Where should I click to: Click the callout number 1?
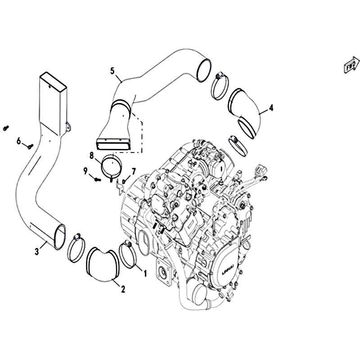tap(145, 274)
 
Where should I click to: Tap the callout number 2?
tap(123, 289)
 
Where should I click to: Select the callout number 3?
tap(37, 252)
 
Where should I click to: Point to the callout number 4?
tap(271, 108)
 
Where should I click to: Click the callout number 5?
tap(112, 71)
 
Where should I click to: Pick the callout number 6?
tap(18, 140)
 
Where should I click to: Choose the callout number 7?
tap(133, 171)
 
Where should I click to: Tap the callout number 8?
tap(92, 156)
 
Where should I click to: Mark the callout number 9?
tap(85, 171)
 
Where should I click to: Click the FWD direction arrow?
tap(351, 66)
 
